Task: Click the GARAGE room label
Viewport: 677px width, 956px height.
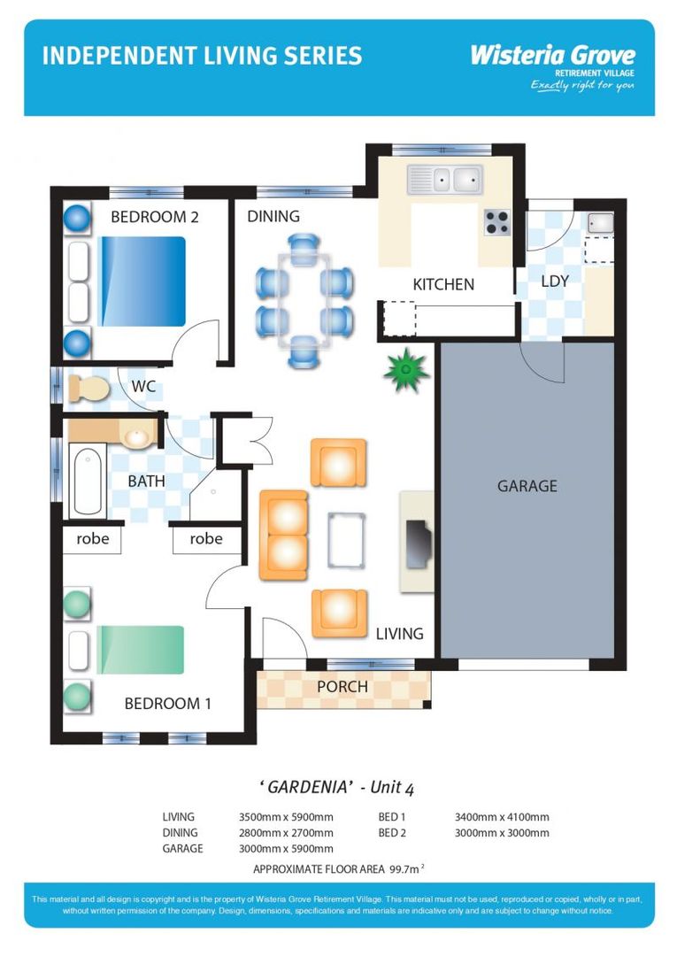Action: pyautogui.click(x=527, y=486)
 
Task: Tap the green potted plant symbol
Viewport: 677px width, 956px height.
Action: pyautogui.click(x=406, y=370)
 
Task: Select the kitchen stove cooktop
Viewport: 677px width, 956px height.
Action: pyautogui.click(x=497, y=221)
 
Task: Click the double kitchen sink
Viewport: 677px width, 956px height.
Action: pyautogui.click(x=444, y=180)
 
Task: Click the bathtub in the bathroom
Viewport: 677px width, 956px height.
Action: pyautogui.click(x=87, y=482)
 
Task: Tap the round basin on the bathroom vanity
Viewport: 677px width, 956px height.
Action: pyautogui.click(x=136, y=436)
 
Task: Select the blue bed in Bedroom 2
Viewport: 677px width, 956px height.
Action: pyautogui.click(x=142, y=281)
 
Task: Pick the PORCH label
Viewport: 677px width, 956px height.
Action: pyautogui.click(x=342, y=687)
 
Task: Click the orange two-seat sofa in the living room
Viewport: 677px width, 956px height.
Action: pyautogui.click(x=283, y=536)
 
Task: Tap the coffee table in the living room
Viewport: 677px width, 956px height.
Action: pyautogui.click(x=347, y=539)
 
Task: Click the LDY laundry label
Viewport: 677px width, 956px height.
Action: pyautogui.click(x=555, y=281)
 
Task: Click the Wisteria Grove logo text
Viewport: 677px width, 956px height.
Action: pyautogui.click(x=552, y=55)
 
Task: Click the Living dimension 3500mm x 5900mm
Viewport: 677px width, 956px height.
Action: pyautogui.click(x=286, y=817)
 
